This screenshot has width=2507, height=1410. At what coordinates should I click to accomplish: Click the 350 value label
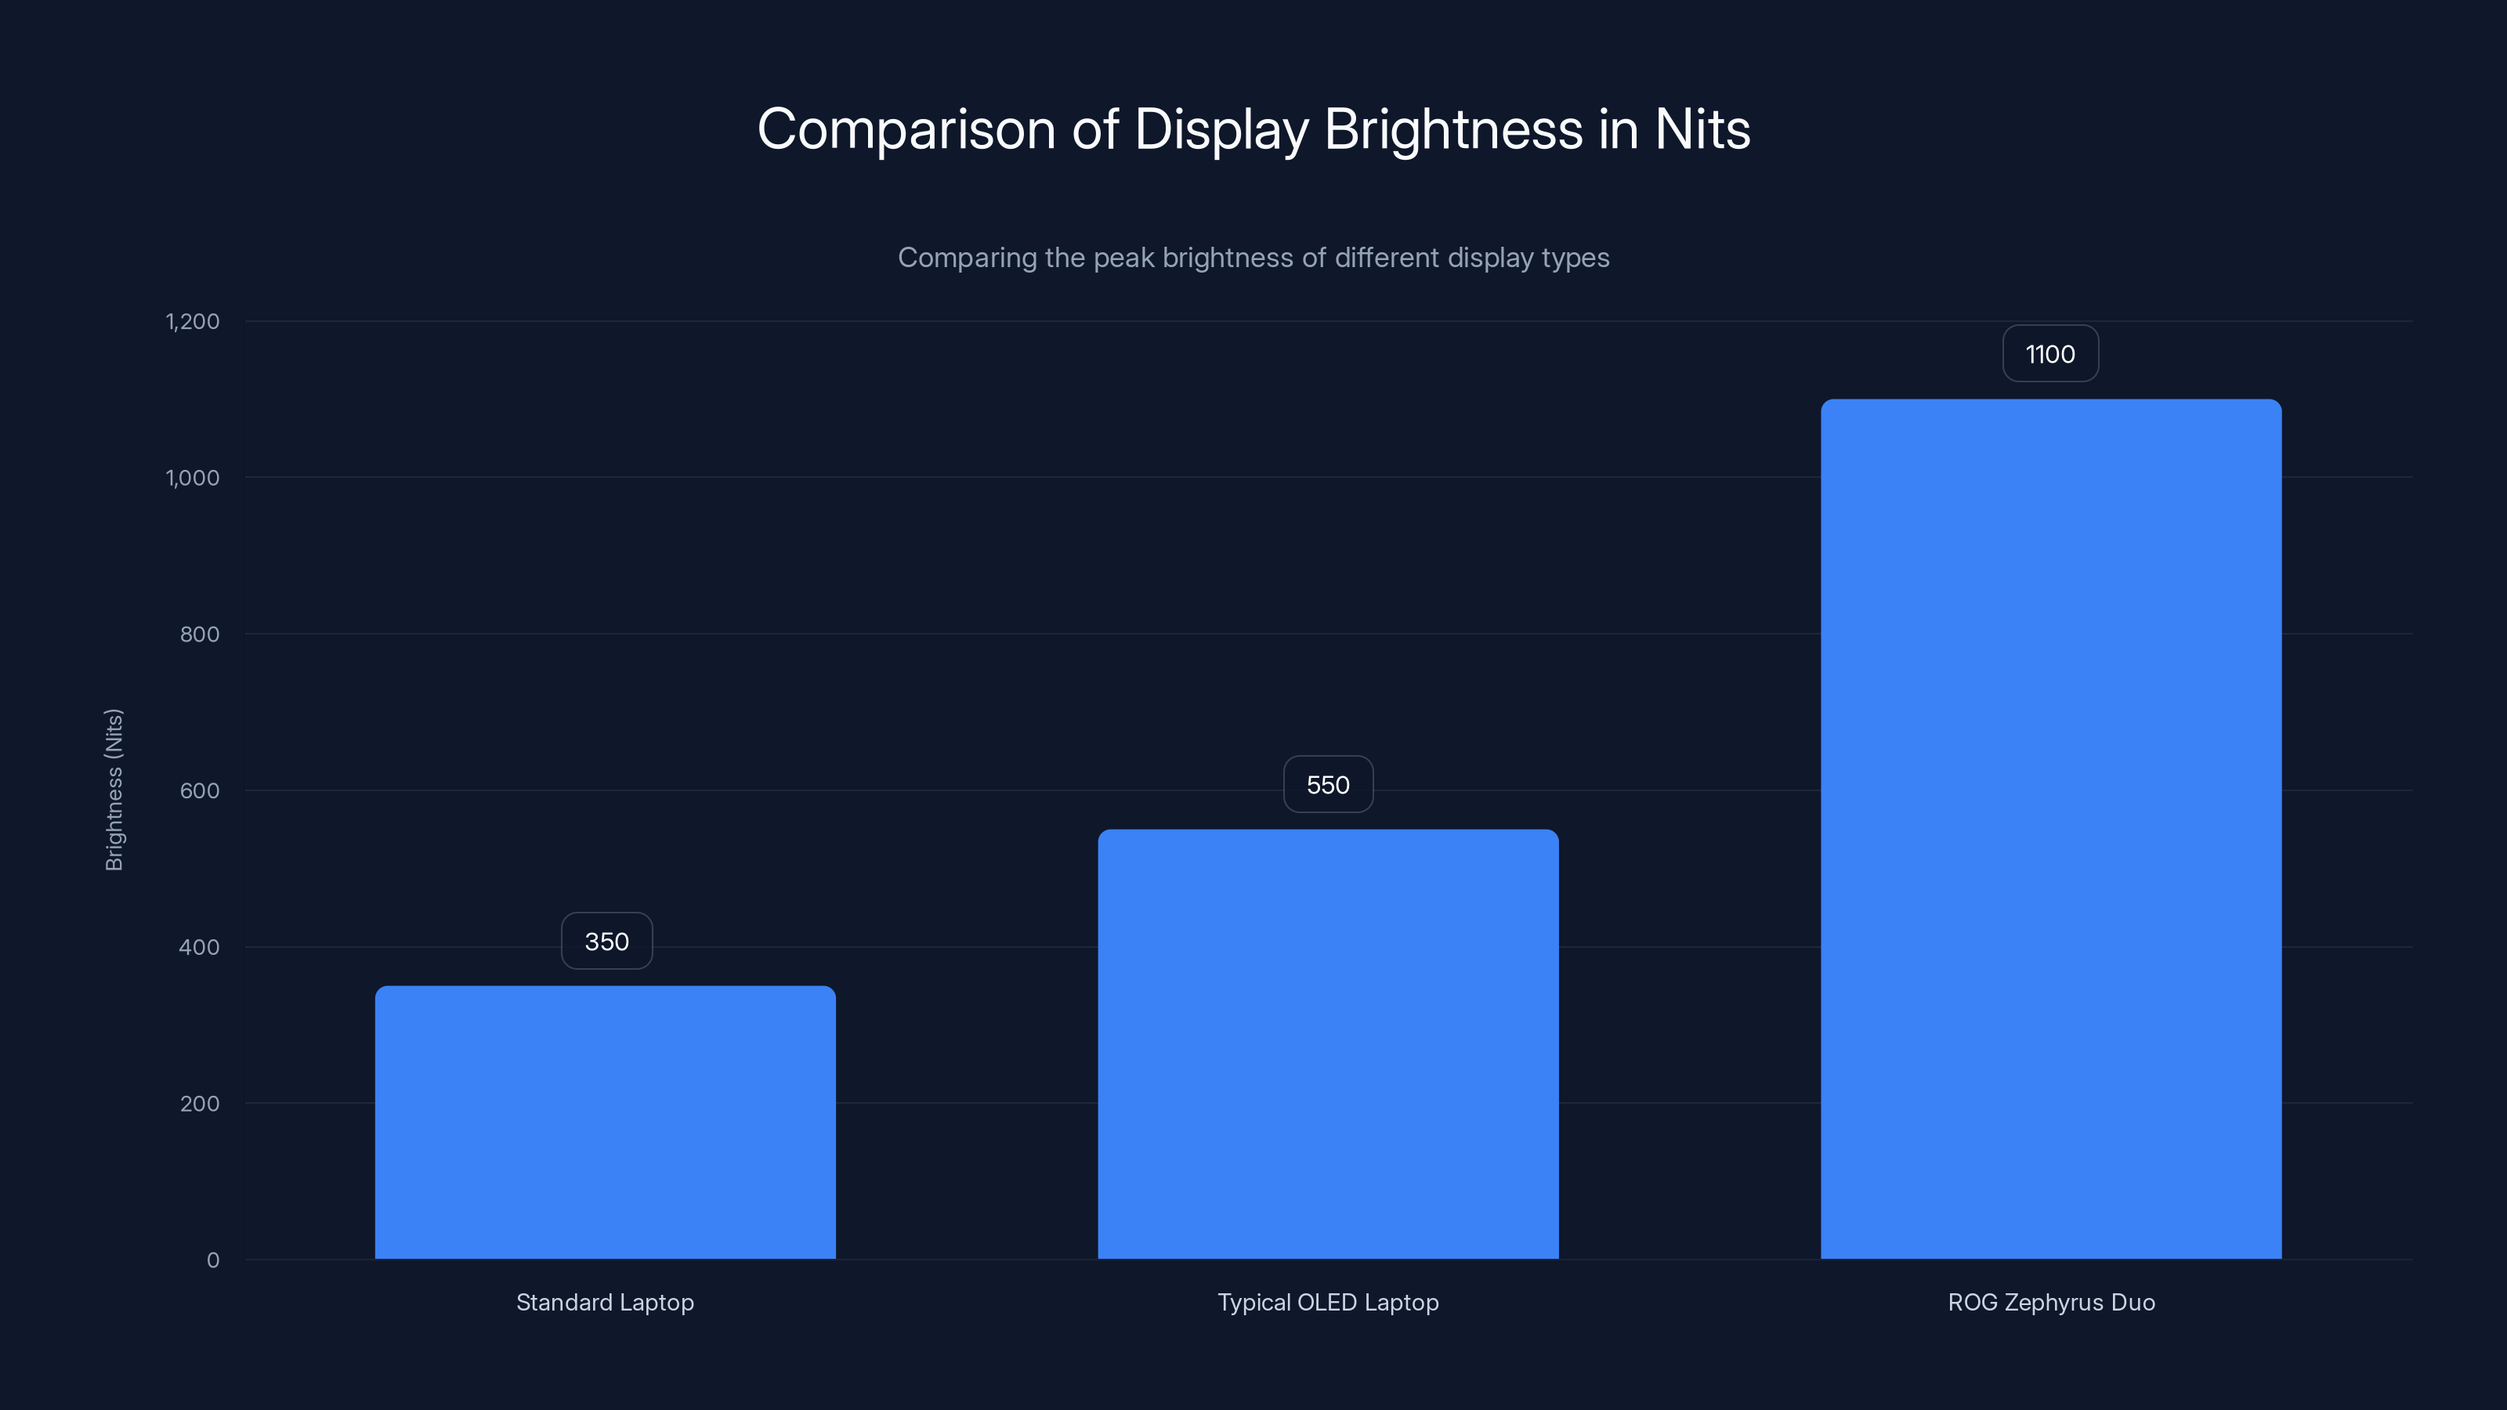click(606, 941)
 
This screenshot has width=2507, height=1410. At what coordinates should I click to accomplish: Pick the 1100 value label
click(2049, 354)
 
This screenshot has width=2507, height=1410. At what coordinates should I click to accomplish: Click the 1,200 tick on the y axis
click(193, 321)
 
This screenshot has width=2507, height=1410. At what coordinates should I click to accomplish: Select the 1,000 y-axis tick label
click(193, 478)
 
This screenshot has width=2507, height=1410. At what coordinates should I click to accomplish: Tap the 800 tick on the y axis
click(200, 634)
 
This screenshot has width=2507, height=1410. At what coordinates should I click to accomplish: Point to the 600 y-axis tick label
click(200, 791)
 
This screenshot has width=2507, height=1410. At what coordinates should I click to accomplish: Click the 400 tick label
click(200, 947)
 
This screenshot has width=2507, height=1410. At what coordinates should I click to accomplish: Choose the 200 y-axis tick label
click(200, 1104)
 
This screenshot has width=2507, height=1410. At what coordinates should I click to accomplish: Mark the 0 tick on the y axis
click(213, 1260)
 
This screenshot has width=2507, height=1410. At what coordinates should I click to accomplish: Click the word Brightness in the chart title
click(1453, 129)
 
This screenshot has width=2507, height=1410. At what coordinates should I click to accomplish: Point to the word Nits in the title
click(1702, 129)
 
